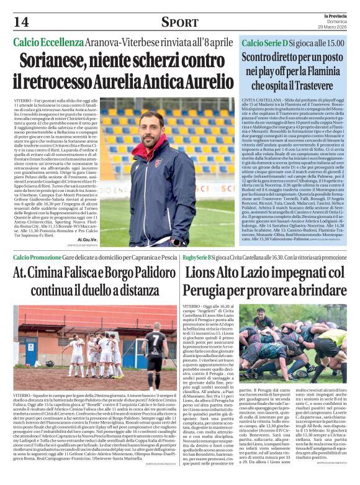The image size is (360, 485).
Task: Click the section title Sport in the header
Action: pos(179,23)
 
